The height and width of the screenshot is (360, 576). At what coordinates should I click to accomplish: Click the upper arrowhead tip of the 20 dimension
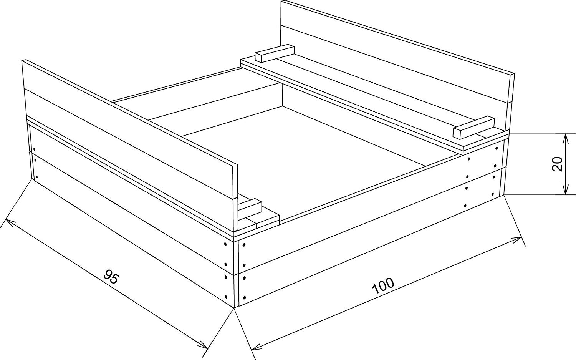click(566, 134)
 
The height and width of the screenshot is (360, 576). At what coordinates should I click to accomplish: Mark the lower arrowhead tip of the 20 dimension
click(566, 194)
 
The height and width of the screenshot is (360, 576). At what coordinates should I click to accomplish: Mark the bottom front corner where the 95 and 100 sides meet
click(235, 308)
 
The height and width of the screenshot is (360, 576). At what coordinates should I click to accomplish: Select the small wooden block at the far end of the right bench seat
click(275, 53)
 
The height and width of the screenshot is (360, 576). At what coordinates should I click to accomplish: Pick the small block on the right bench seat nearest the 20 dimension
click(473, 128)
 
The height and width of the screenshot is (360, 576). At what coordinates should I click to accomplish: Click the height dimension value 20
click(558, 164)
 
